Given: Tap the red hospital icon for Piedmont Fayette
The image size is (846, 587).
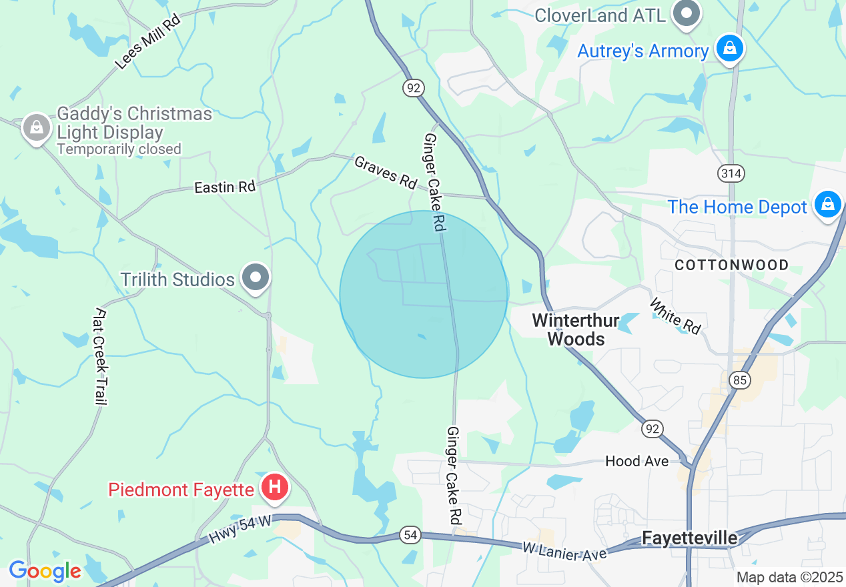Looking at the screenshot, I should pyautogui.click(x=274, y=488).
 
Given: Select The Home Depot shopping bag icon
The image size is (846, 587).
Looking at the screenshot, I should pyautogui.click(x=827, y=205).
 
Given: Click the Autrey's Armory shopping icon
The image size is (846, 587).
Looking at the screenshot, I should pyautogui.click(x=730, y=49).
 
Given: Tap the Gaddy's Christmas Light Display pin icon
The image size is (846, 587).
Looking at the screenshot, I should pyautogui.click(x=36, y=127).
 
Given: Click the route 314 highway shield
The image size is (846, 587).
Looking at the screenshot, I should pyautogui.click(x=731, y=173).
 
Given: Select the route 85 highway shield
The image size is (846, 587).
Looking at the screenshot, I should pyautogui.click(x=739, y=380).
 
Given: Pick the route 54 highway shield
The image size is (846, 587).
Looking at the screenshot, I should pyautogui.click(x=410, y=534).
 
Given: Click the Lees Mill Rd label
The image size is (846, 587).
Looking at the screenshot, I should pyautogui.click(x=147, y=41).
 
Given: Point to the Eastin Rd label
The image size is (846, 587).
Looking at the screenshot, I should pyautogui.click(x=225, y=187).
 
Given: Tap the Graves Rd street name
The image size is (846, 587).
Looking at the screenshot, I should pyautogui.click(x=386, y=171).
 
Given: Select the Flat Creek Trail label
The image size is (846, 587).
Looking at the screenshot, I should pyautogui.click(x=101, y=356).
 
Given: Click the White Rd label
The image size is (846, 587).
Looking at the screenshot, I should pyautogui.click(x=675, y=316).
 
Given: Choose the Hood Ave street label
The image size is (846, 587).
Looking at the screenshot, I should pyautogui.click(x=637, y=461).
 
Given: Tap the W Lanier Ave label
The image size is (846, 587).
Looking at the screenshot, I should pyautogui.click(x=564, y=550).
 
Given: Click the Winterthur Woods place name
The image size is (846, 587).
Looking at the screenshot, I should pyautogui.click(x=576, y=330).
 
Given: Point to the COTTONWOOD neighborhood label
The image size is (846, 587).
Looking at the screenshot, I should pyautogui.click(x=731, y=265).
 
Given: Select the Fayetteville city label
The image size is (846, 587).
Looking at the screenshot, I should pyautogui.click(x=690, y=538).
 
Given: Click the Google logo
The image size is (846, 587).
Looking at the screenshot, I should pyautogui.click(x=45, y=571).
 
